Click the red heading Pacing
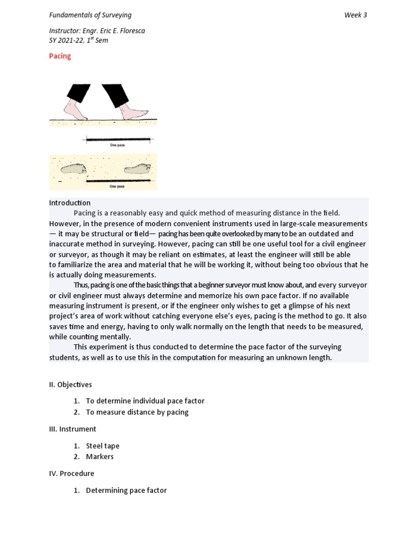coord(60,56)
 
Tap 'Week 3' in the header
coord(355,15)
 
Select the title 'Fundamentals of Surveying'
coord(90,15)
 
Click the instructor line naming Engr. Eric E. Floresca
coord(97,31)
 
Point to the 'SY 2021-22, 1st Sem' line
coord(78,41)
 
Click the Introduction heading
coord(70,203)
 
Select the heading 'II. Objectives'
coord(70,385)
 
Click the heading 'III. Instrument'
coord(72,429)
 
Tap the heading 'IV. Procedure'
coord(71,474)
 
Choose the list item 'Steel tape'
coord(102,446)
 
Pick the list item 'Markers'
coord(100,457)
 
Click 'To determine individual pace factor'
coord(145,401)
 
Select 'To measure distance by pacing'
coord(137,412)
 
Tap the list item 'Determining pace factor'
coord(126,491)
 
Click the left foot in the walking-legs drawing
coord(75,110)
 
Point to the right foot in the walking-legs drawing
coord(133,113)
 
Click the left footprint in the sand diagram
coord(74,169)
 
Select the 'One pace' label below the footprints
coord(117,186)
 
